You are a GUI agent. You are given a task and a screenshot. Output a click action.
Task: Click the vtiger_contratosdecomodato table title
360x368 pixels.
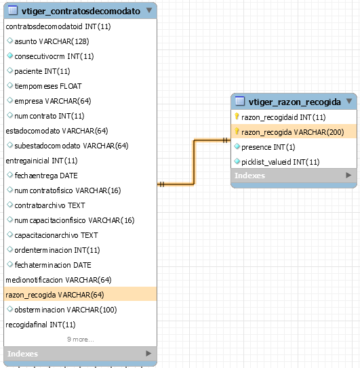click(x=81, y=11)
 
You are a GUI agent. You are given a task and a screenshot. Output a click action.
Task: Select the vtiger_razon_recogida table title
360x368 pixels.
click(x=294, y=102)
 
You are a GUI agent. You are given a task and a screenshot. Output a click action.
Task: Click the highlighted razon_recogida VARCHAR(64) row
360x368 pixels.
click(x=55, y=295)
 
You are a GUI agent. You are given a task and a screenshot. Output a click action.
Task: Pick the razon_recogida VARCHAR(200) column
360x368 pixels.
click(x=293, y=132)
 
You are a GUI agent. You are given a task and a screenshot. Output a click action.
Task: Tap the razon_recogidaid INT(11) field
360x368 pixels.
click(x=283, y=117)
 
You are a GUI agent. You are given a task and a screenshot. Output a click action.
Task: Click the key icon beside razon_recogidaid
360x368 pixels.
click(x=237, y=116)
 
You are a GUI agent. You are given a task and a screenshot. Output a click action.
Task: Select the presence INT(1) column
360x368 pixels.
click(x=268, y=147)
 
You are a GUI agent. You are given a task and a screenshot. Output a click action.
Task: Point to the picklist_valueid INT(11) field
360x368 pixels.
click(x=281, y=162)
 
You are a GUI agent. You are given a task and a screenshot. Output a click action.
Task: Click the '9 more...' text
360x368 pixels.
click(x=80, y=340)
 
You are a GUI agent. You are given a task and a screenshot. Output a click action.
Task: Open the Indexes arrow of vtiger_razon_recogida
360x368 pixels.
click(x=348, y=175)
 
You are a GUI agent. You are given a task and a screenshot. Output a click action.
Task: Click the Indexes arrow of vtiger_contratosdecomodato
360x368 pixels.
click(x=148, y=353)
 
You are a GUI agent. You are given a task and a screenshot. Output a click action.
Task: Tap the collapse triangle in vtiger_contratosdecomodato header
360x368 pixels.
click(x=149, y=10)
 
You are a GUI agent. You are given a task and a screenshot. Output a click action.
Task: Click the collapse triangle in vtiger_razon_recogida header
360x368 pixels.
click(x=349, y=101)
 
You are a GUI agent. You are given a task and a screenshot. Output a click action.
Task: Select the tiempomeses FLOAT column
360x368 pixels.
click(x=48, y=86)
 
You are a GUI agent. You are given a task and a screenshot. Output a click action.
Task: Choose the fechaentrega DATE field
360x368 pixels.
click(x=46, y=176)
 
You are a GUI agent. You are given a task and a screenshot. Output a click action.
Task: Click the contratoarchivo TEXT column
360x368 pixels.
click(x=49, y=205)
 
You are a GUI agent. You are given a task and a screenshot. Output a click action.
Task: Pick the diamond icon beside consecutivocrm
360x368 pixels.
click(x=9, y=56)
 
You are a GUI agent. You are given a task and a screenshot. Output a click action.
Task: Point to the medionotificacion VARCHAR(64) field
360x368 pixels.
click(x=58, y=280)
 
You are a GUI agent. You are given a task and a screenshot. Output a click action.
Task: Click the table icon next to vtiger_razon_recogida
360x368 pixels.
click(x=240, y=101)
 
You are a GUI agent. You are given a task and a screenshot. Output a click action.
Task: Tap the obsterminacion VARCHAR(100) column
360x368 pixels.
click(x=66, y=310)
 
